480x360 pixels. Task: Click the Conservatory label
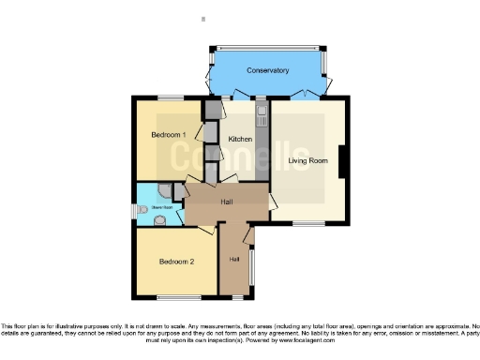coord(267,71)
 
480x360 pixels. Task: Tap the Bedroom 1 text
coord(170,135)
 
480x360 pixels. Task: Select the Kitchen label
coord(240,139)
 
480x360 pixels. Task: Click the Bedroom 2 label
coord(176,262)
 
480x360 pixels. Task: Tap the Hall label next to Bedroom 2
coord(234,258)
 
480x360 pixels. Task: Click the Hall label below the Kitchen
coord(227,201)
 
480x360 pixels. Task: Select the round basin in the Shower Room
coord(159,221)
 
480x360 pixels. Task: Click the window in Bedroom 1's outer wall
coord(170,97)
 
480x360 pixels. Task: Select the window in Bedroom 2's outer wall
coord(175,298)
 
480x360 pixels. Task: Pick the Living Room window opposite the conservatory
coord(306,223)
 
